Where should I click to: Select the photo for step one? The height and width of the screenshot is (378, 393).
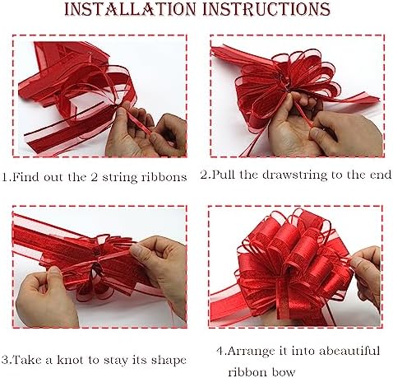point(99,98)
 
